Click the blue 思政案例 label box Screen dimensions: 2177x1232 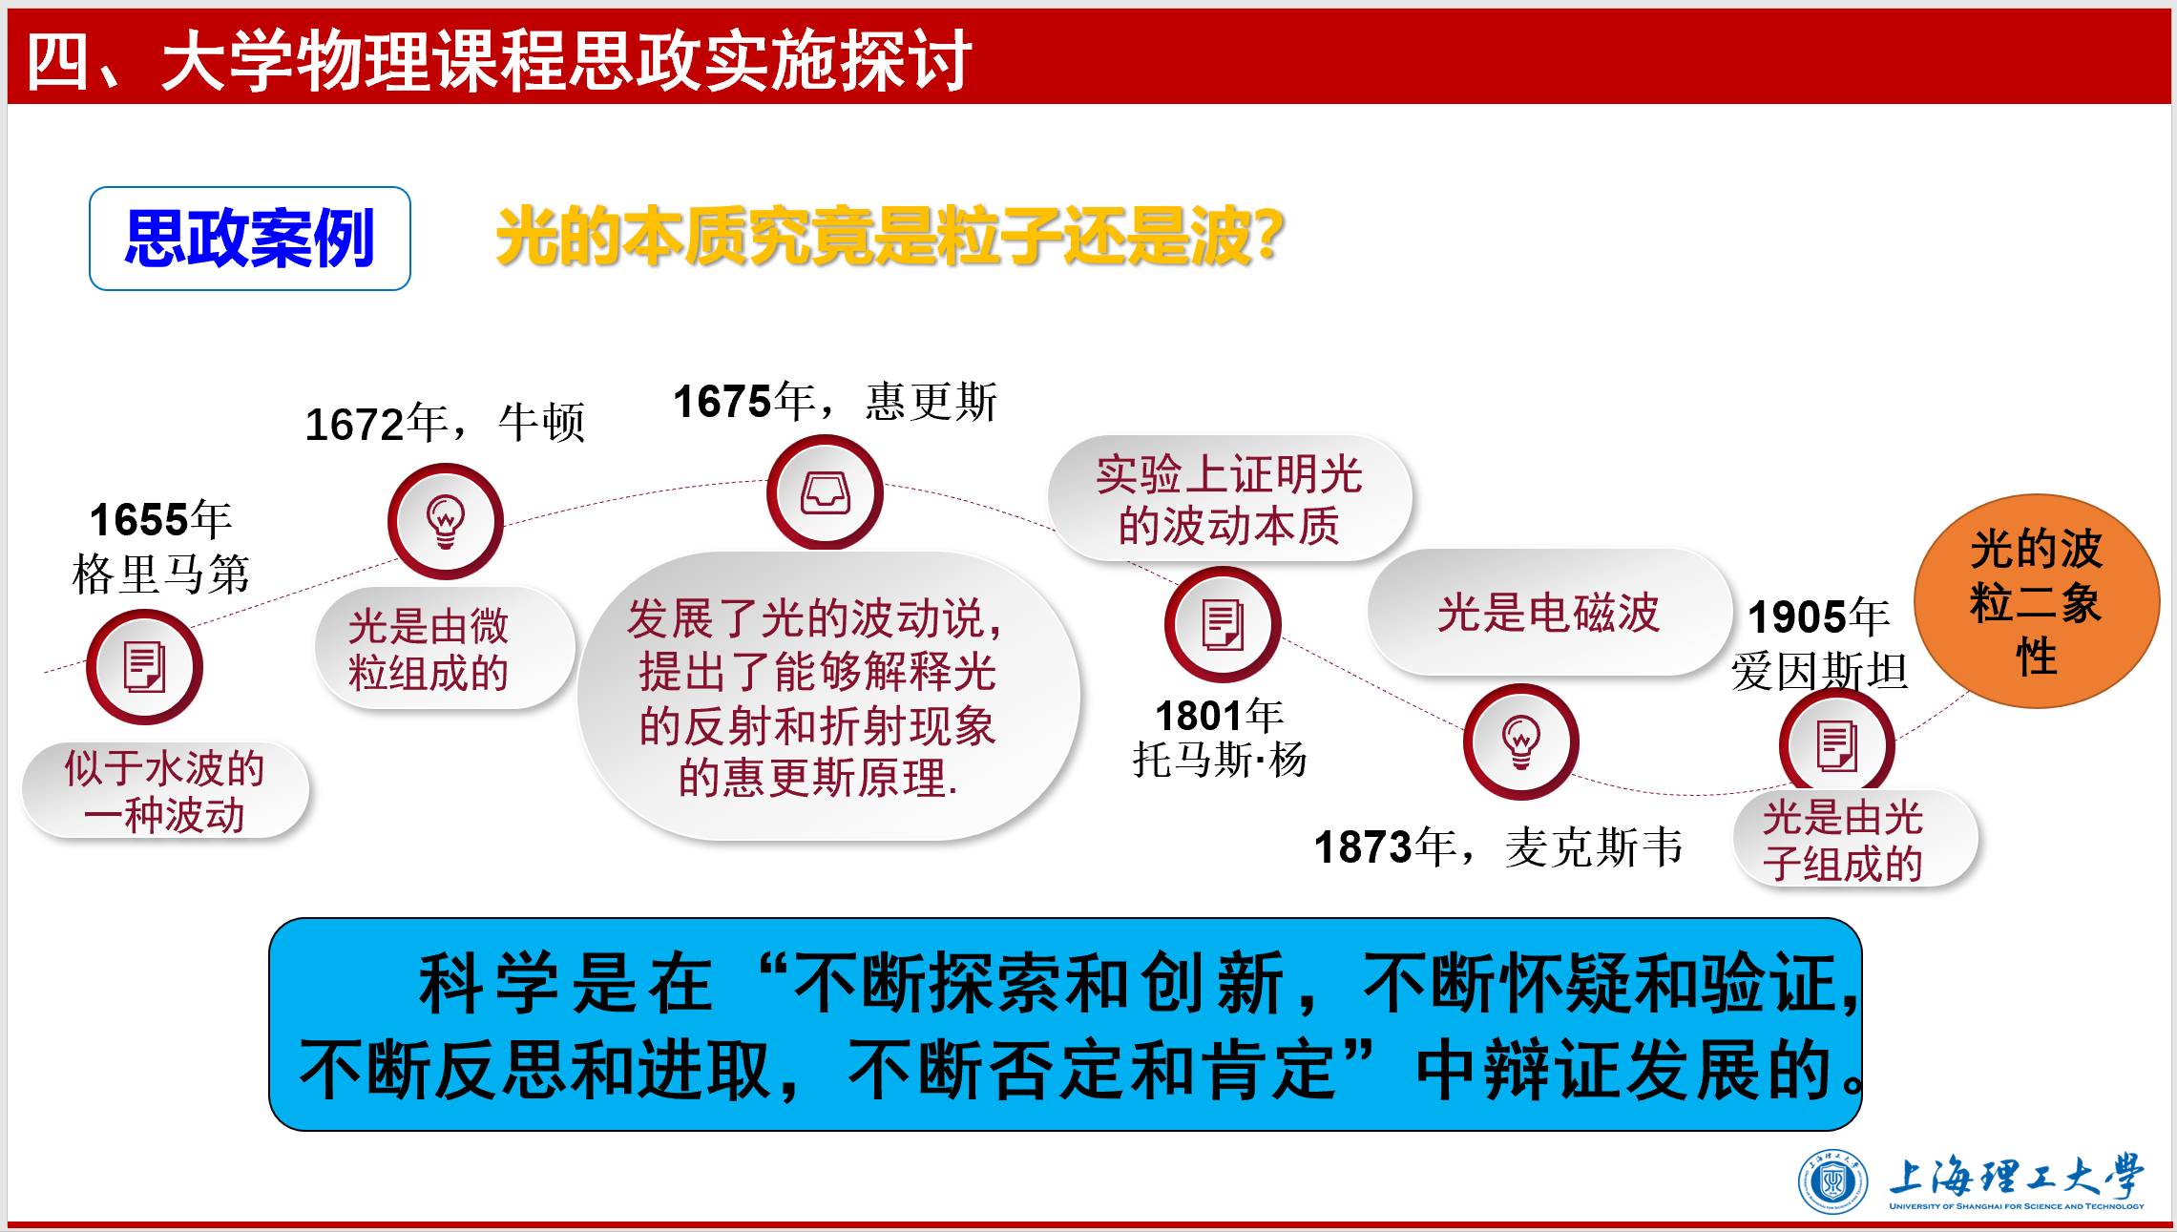coord(250,239)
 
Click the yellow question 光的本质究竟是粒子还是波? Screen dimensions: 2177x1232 coord(890,236)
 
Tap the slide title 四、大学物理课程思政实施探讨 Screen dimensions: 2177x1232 coord(499,60)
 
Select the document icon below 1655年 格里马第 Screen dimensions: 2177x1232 coord(144,667)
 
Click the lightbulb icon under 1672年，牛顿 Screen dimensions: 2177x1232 coord(446,521)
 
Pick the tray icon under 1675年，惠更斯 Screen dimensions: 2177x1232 coord(826,492)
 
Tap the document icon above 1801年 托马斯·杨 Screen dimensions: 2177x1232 coord(1223,624)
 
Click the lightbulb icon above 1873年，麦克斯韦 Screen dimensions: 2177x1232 coord(1521,741)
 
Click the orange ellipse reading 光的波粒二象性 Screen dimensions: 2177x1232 coord(2037,601)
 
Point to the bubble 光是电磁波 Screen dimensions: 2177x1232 coord(1549,613)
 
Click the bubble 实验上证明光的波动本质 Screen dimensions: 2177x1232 coord(1229,499)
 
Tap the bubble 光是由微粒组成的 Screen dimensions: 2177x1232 coord(445,649)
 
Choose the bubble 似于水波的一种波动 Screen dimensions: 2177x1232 coord(165,791)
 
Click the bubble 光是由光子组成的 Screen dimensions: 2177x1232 coord(1855,840)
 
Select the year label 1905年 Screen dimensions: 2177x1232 coord(1818,616)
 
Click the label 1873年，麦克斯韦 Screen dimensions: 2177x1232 coord(1498,846)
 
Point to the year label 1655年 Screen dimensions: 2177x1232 coord(160,520)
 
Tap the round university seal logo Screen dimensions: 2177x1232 coord(1832,1182)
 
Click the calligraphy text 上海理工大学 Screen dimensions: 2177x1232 coord(2017,1176)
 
